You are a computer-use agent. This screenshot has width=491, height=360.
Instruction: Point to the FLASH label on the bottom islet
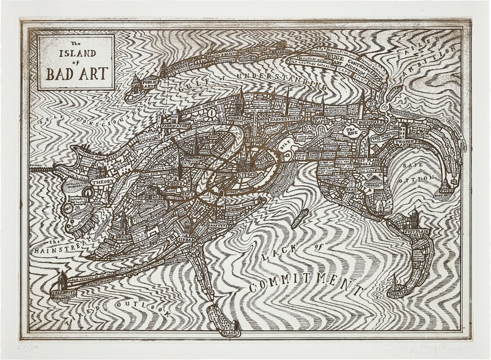(x=230, y=333)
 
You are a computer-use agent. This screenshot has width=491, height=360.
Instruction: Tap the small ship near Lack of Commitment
(x=299, y=218)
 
